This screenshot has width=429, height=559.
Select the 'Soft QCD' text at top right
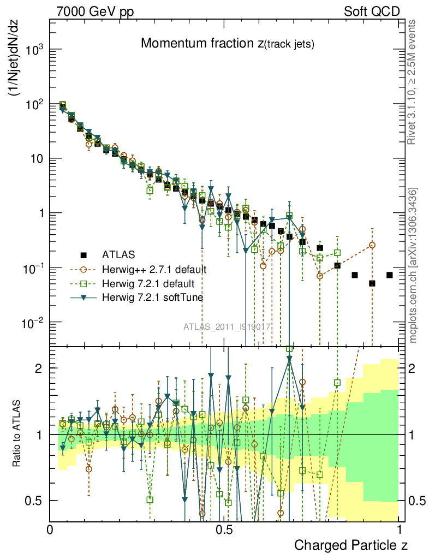pyautogui.click(x=372, y=11)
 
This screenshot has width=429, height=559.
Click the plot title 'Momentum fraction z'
pyautogui.click(x=227, y=44)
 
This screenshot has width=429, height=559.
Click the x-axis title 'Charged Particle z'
pyautogui.click(x=351, y=544)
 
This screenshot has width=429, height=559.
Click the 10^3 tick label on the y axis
pyautogui.click(x=34, y=50)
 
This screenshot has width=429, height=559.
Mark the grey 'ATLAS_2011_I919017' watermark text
pyautogui.click(x=227, y=327)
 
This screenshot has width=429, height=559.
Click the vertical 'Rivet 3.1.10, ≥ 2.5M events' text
pyautogui.click(x=413, y=82)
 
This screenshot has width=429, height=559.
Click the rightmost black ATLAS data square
pyautogui.click(x=389, y=275)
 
